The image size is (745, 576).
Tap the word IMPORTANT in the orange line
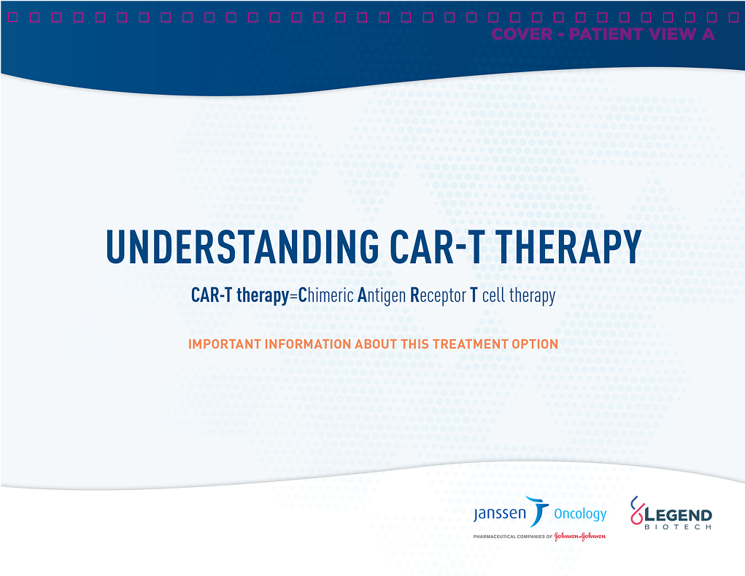223,343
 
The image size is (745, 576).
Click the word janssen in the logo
499,513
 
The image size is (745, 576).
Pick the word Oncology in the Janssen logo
580,514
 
